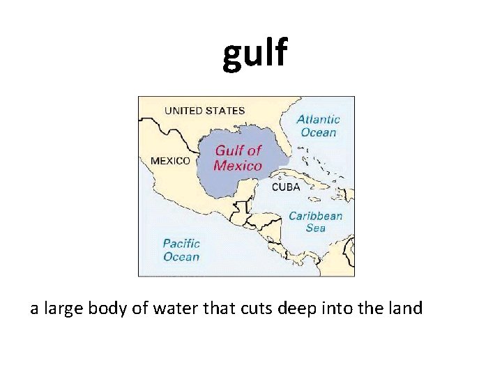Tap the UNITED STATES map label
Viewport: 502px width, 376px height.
204,110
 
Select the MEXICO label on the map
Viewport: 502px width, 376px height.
170,160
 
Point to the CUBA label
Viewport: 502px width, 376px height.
286,187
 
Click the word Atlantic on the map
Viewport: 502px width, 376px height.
318,120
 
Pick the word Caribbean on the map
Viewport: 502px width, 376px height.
316,216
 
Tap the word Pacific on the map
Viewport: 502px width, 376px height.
181,244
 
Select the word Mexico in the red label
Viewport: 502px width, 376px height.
238,166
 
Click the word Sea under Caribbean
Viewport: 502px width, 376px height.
315,228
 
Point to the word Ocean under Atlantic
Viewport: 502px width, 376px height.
318,132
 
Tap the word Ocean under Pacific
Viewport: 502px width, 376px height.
181,257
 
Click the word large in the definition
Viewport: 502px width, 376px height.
64,308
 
